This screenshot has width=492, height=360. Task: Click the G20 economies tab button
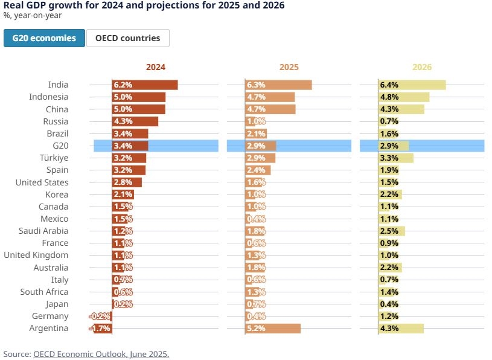43,38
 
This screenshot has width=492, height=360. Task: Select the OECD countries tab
127,38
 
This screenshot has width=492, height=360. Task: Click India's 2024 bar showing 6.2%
145,85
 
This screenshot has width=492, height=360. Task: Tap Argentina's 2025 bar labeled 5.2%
273,329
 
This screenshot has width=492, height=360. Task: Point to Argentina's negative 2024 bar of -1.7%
102,329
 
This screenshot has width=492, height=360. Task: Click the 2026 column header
422,68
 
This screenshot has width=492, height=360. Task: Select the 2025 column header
289,68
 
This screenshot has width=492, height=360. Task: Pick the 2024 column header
155,68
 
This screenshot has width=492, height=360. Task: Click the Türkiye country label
53,158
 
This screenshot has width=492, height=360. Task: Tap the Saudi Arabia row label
43,231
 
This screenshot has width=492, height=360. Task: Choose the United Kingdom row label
36,256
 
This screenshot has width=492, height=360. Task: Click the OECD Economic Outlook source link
101,354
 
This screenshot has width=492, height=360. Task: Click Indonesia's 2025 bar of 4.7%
270,97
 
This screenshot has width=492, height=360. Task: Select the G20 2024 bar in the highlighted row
130,146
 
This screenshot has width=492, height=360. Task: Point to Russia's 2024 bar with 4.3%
135,121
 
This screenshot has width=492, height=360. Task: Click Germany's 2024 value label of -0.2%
100,317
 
